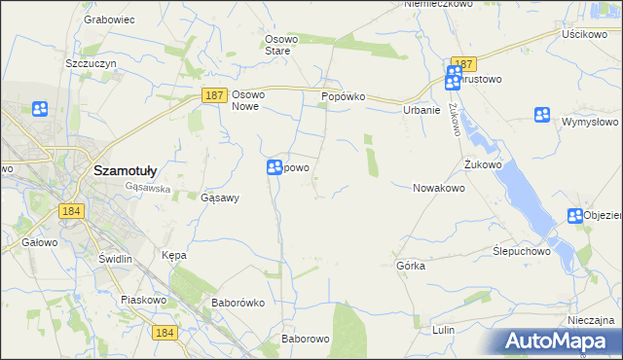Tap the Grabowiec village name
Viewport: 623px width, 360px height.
point(108,18)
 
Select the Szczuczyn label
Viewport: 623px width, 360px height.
point(91,62)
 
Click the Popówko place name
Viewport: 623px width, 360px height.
point(342,97)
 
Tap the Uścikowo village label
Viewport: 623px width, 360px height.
point(584,33)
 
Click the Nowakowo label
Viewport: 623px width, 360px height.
point(439,188)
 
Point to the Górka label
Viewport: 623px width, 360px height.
point(411,265)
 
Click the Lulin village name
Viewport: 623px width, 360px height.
point(443,330)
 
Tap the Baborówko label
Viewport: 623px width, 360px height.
point(238,302)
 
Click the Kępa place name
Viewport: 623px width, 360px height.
point(173,255)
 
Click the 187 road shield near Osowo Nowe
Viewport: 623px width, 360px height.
point(216,95)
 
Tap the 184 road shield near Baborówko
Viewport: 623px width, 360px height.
point(164,333)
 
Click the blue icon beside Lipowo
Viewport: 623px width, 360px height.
point(275,168)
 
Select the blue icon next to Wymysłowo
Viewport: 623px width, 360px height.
point(542,115)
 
